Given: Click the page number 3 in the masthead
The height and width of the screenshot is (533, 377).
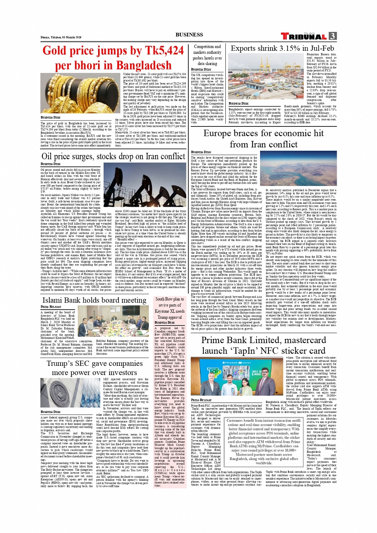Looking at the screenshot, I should tap(332, 36).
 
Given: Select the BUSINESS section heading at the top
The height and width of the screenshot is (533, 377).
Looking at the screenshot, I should tap(189, 35).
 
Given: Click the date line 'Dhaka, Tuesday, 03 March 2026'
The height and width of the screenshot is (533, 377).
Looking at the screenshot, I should tap(61, 37).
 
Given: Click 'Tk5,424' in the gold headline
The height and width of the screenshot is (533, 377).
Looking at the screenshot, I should tap(160, 51).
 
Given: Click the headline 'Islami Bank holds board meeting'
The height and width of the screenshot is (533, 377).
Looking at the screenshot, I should tap(94, 300).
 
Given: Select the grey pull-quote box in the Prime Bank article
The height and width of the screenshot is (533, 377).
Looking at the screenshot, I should tap(263, 442).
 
